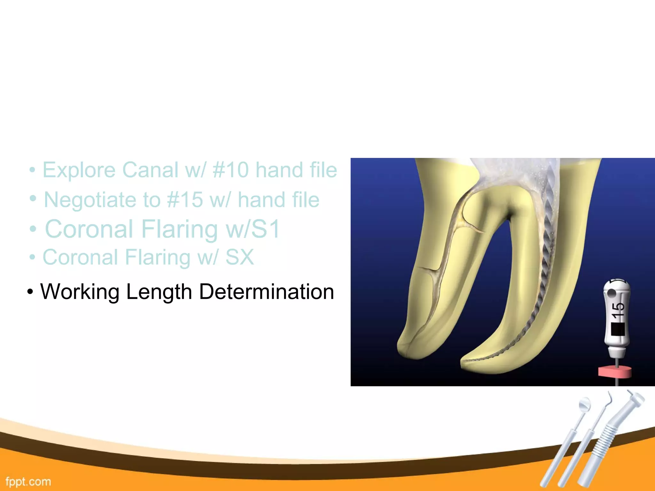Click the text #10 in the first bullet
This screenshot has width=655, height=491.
click(230, 170)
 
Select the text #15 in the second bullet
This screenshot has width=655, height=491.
click(185, 200)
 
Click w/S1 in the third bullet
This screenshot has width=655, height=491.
click(253, 229)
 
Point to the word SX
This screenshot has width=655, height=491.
click(240, 257)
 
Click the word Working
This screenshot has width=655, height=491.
click(80, 292)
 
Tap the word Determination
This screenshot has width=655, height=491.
click(266, 292)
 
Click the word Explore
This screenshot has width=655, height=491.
click(79, 170)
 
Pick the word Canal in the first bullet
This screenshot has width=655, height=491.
click(150, 170)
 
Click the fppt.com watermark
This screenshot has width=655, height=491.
click(28, 481)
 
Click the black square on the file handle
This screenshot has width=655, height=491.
click(618, 330)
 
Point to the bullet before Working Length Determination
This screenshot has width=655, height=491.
click(30, 292)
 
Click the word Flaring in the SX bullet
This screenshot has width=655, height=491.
click(157, 257)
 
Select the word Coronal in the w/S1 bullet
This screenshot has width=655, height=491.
click(89, 229)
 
